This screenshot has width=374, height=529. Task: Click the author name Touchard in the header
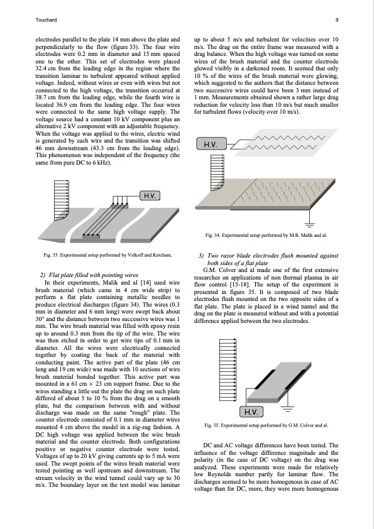click(46, 20)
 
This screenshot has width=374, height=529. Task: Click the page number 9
click(337, 20)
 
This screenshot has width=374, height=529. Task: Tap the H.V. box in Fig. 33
click(150, 195)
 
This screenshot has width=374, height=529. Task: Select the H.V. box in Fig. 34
click(211, 145)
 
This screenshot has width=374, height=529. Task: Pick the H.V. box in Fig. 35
click(251, 412)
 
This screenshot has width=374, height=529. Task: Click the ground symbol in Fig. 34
click(310, 224)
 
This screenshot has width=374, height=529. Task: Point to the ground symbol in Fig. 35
click(287, 410)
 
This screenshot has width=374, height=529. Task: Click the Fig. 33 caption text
click(107, 255)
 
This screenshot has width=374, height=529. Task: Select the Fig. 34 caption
click(266, 235)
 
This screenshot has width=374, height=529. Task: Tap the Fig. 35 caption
click(266, 425)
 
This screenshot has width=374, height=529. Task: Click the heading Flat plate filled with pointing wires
click(89, 275)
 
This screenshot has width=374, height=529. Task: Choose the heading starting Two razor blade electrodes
click(268, 259)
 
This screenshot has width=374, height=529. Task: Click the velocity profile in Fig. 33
click(62, 200)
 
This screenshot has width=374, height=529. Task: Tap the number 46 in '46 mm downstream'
click(39, 148)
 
